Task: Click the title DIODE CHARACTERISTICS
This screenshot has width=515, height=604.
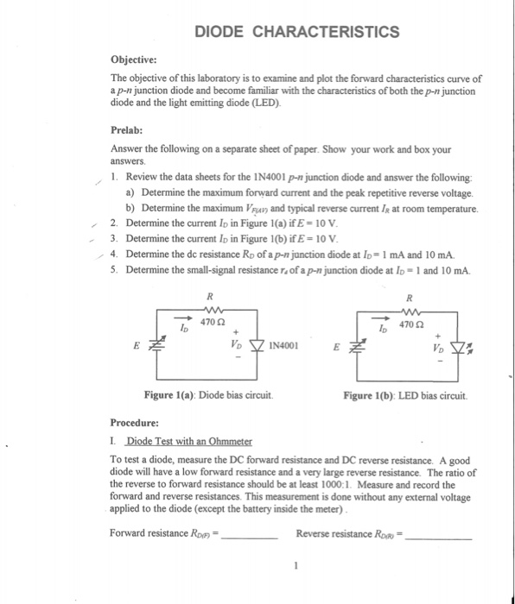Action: pos(296,33)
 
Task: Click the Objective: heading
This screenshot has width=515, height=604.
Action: pos(134,60)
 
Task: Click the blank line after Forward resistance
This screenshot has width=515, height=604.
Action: pos(251,534)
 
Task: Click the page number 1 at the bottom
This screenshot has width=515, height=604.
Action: pos(295,567)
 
